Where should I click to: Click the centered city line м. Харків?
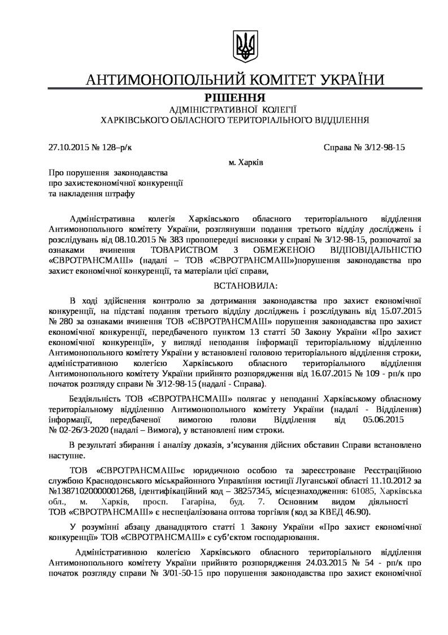coord(245,162)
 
